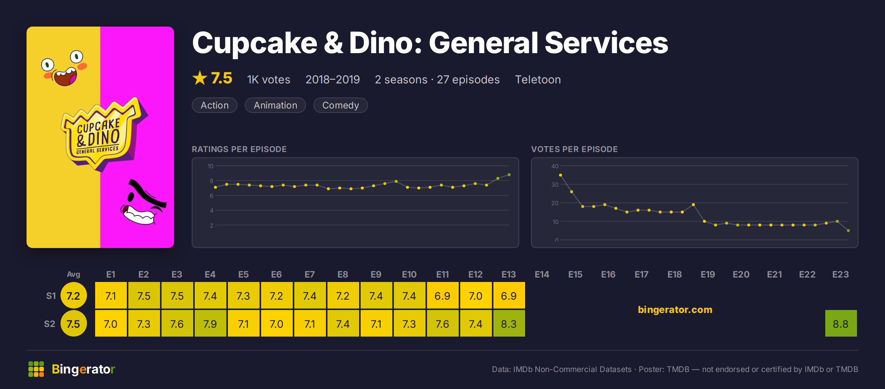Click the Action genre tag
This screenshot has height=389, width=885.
pos(215,105)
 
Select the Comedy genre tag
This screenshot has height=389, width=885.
pos(340,105)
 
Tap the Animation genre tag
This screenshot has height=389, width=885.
pos(275,105)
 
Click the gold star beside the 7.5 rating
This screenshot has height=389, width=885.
pos(200,78)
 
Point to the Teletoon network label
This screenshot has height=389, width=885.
pos(538,80)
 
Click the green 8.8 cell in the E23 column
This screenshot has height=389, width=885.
pos(841,324)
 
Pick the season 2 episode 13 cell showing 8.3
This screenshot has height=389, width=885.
pos(509,324)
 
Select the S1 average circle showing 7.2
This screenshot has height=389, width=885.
pos(73,295)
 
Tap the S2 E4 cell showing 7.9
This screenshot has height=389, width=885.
pos(210,324)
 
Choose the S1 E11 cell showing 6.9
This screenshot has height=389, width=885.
pos(442,296)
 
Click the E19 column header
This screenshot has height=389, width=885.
pos(708,274)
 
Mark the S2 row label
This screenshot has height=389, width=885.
pos(49,324)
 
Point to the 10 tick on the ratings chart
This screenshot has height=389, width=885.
pos(211,166)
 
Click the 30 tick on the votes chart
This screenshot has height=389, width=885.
pos(555,185)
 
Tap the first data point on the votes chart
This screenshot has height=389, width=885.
pos(560,175)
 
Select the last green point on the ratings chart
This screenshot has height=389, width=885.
pos(509,175)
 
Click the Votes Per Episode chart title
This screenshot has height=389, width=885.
pos(574,149)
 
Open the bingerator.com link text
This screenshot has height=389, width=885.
pos(675,309)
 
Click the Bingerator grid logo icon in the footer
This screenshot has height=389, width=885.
pos(36,369)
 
